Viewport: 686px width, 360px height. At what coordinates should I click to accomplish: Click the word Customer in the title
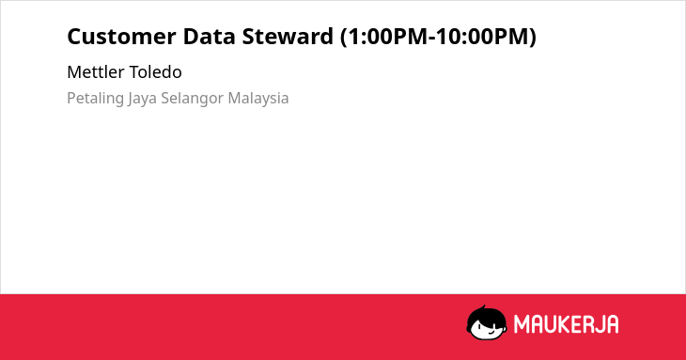121,37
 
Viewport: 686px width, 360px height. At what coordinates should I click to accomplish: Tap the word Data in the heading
210,37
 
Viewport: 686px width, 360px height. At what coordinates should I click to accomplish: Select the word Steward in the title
288,37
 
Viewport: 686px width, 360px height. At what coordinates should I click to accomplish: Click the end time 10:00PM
482,37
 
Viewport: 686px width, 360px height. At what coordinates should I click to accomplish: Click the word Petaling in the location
95,99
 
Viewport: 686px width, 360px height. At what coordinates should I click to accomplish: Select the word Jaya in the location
142,99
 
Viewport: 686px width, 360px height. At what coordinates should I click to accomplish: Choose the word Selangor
193,99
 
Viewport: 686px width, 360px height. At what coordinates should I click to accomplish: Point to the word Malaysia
258,99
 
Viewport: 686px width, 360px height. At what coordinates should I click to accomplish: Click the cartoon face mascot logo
487,322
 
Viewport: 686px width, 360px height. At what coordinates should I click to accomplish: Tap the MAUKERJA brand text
566,324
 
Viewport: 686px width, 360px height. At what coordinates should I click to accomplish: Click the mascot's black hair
486,315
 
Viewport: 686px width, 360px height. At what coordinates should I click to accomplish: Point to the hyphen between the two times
432,38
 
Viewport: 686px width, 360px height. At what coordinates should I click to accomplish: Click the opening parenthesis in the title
344,37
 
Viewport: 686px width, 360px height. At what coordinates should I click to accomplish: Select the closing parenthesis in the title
533,37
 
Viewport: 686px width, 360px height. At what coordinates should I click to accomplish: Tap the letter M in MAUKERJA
522,324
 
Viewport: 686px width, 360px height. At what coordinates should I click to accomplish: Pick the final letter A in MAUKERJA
612,324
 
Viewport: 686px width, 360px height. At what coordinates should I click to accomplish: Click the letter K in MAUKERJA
563,324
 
